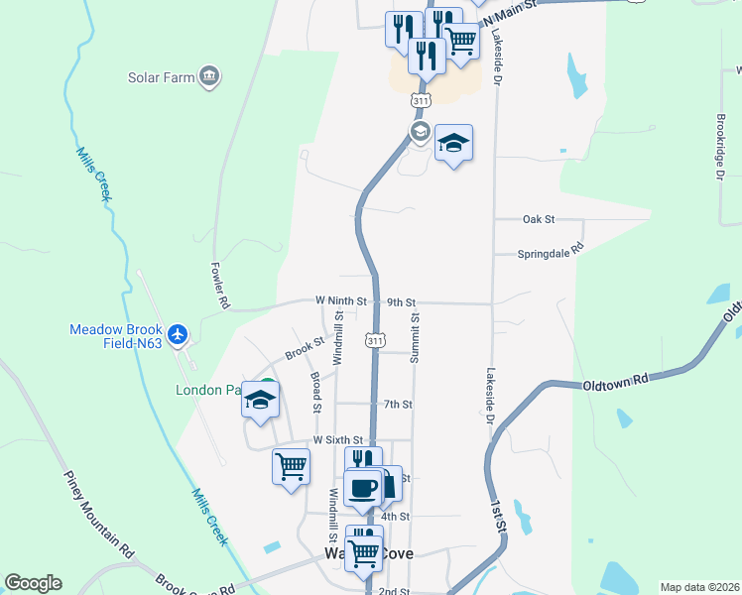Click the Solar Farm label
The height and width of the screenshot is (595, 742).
pyautogui.click(x=159, y=76)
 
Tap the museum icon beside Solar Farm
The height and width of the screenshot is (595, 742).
pyautogui.click(x=209, y=76)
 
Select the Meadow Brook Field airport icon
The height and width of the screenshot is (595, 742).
pyautogui.click(x=179, y=335)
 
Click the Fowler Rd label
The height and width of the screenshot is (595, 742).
pyautogui.click(x=220, y=286)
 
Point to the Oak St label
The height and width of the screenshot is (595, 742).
pyautogui.click(x=538, y=218)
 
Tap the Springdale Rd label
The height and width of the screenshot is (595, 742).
pyautogui.click(x=551, y=254)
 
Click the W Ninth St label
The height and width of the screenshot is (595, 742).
pyautogui.click(x=340, y=300)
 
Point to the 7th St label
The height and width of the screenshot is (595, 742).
pyautogui.click(x=398, y=405)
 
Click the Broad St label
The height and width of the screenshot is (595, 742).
pyautogui.click(x=315, y=393)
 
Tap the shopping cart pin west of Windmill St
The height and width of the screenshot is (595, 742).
pyautogui.click(x=291, y=466)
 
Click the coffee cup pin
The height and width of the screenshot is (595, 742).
pyautogui.click(x=361, y=487)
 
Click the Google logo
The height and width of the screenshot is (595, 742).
pyautogui.click(x=33, y=583)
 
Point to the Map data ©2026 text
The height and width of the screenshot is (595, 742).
pyautogui.click(x=699, y=587)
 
